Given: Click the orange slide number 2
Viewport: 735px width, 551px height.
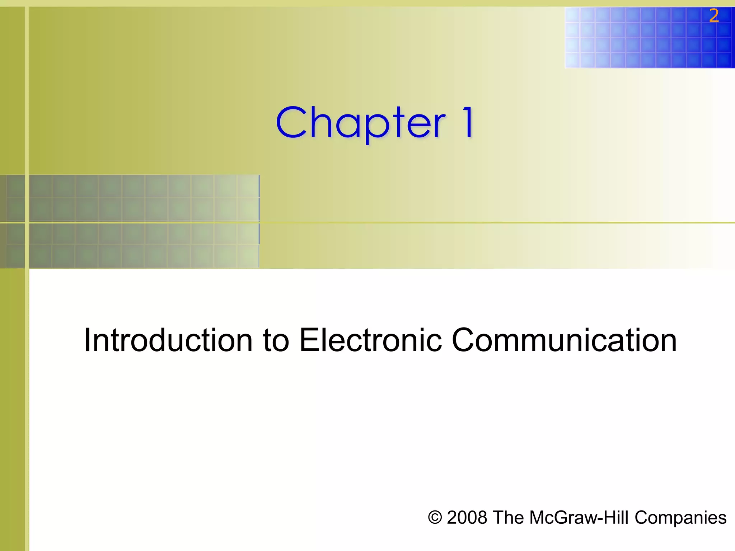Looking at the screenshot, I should pyautogui.click(x=714, y=16).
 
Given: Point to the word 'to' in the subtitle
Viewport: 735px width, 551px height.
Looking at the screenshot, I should pyautogui.click(x=276, y=341).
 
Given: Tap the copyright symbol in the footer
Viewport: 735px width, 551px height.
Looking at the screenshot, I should pyautogui.click(x=435, y=518).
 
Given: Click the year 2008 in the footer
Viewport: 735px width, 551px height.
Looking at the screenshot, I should pyautogui.click(x=467, y=518).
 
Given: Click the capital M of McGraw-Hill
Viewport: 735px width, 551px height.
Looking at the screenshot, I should pyautogui.click(x=537, y=518).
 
